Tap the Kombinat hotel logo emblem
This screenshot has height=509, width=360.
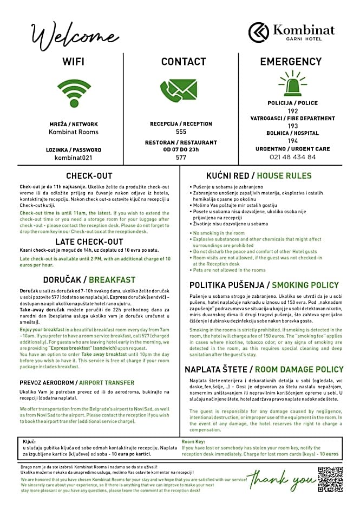click(259, 32)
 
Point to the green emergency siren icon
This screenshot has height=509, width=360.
click(292, 84)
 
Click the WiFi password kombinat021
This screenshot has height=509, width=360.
click(74, 158)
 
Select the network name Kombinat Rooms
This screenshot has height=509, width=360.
click(74, 132)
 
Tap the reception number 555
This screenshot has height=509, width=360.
click(181, 132)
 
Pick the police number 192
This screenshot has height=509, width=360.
click(293, 110)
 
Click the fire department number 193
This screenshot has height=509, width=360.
click(293, 126)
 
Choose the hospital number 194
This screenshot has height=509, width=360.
click(293, 141)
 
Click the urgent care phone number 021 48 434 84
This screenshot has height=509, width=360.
click(292, 157)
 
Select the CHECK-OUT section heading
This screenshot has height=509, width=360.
click(89, 175)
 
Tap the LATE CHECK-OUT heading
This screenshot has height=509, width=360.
click(89, 242)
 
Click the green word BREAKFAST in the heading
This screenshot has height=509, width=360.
click(112, 280)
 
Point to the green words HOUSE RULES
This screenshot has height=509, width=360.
click(284, 175)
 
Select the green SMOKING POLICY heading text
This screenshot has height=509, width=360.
click(305, 285)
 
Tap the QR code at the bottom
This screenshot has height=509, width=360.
click(331, 478)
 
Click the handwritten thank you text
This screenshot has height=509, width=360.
click(282, 480)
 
